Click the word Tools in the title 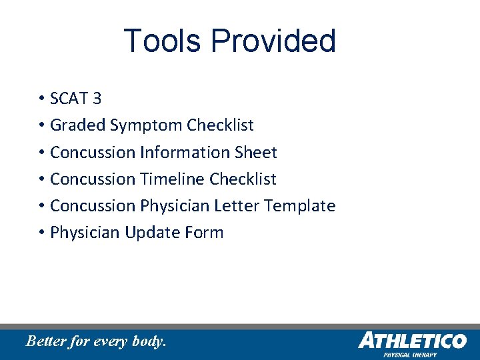click(x=162, y=41)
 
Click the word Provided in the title click(x=273, y=41)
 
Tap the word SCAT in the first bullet click(x=69, y=99)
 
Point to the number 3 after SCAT click(x=97, y=99)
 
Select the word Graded click(x=78, y=125)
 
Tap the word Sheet click(x=255, y=152)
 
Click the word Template click(x=300, y=205)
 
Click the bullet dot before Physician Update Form click(x=41, y=233)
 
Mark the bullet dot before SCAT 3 click(x=41, y=99)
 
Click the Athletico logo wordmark click(x=412, y=341)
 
